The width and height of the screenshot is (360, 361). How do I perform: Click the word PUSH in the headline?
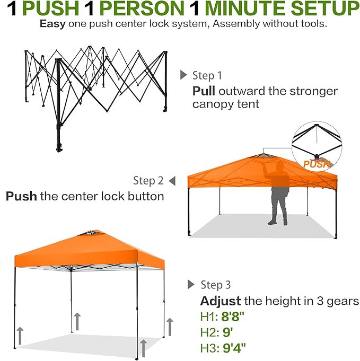click(x=50, y=9)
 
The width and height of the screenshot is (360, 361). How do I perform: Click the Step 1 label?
click(x=207, y=75)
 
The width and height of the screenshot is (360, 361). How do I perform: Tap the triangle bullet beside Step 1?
click(x=184, y=75)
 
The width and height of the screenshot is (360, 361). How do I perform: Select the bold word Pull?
click(x=204, y=91)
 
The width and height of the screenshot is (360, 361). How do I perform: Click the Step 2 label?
click(x=148, y=181)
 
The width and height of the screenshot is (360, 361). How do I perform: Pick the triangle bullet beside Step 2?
click(x=172, y=181)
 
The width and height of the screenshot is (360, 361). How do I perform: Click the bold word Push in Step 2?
click(x=21, y=196)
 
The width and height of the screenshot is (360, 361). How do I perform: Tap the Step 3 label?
click(x=215, y=285)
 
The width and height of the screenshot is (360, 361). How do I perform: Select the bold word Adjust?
click(x=220, y=301)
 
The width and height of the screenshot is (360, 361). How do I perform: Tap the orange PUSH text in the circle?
click(x=317, y=164)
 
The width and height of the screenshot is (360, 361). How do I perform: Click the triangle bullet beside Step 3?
click(x=191, y=285)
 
